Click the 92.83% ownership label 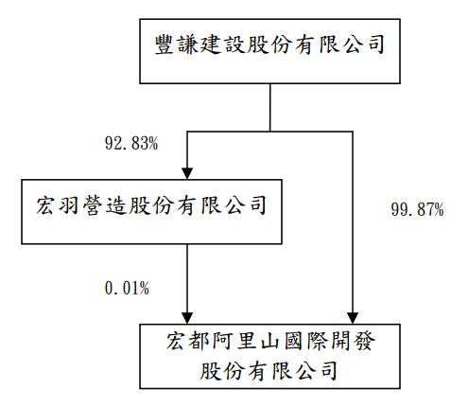tap(131, 143)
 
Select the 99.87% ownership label tap(417, 209)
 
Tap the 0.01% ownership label tap(127, 288)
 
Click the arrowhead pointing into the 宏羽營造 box tap(187, 173)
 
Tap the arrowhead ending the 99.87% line tap(353, 318)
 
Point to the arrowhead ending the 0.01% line tap(187, 318)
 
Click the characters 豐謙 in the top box tap(177, 44)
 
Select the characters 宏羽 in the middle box tap(58, 205)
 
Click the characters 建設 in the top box tap(223, 44)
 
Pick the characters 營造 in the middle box tap(104, 205)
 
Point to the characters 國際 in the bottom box tap(305, 341)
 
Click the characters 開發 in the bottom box tap(352, 341)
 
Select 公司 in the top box tap(363, 44)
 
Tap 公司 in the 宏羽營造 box tap(245, 205)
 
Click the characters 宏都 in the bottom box tap(188, 341)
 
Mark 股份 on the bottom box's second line tap(222, 370)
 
